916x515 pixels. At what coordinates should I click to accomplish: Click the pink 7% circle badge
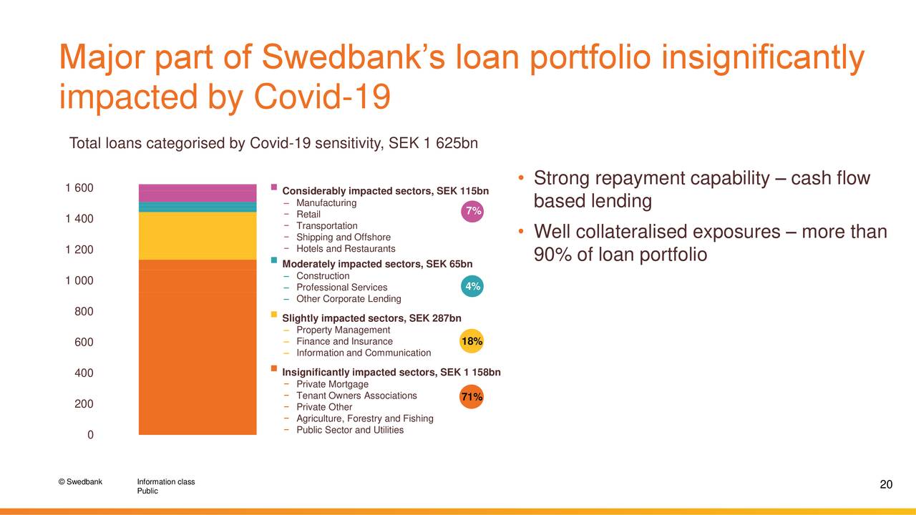coord(472,211)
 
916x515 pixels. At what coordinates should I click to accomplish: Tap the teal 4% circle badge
coord(472,287)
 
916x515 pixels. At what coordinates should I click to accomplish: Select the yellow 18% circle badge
coord(472,342)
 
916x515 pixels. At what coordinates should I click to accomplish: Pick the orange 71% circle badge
coord(472,397)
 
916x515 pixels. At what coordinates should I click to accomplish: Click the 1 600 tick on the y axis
coord(79,188)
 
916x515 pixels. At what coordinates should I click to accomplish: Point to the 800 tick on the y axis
coord(84,312)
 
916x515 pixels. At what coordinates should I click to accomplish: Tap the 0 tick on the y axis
coord(89,436)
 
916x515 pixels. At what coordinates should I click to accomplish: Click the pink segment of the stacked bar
coord(197,193)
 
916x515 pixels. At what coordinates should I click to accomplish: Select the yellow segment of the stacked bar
coord(197,235)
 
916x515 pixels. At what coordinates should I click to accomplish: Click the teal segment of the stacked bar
coord(197,207)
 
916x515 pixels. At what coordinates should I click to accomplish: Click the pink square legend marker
coord(274,187)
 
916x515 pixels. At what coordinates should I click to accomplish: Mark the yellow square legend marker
coord(274,315)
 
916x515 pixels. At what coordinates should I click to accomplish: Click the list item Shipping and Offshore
coord(343,237)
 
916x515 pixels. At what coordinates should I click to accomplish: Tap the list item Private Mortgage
coord(332,384)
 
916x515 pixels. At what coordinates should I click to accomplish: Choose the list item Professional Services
coord(341,288)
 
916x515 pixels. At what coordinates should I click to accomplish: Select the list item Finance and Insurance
coord(344,342)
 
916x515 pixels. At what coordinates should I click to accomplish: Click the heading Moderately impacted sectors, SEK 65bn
coord(377,264)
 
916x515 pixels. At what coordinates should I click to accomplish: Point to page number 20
coord(885,486)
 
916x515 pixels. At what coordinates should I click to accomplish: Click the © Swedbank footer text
coord(80,481)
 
